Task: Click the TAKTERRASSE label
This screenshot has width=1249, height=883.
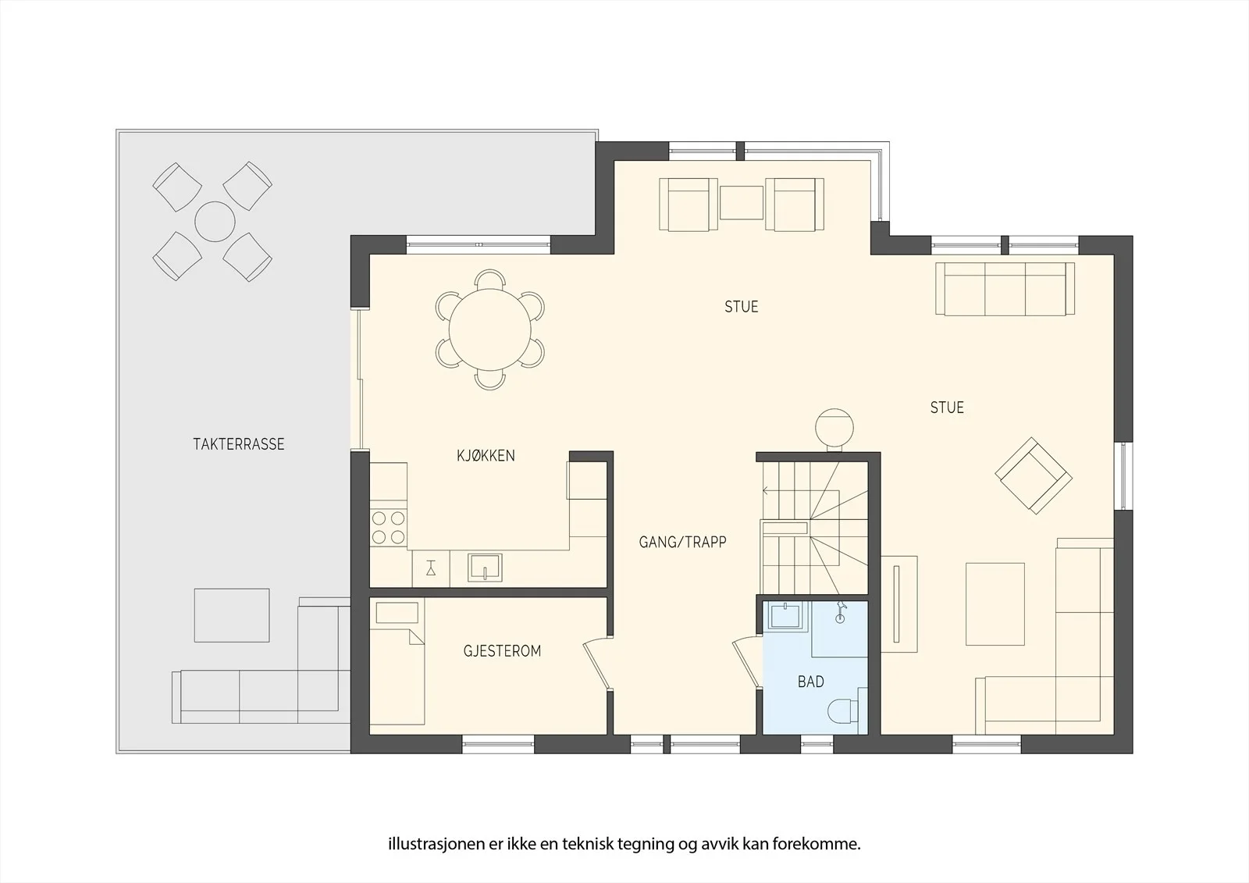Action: point(239,444)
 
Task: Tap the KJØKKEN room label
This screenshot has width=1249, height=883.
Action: point(486,456)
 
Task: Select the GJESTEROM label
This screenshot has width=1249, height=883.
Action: point(503,651)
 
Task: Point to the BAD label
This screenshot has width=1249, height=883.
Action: point(811,682)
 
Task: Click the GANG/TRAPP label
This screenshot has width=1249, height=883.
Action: point(682,542)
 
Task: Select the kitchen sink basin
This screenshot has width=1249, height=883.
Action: point(485,568)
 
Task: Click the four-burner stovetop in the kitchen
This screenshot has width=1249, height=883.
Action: point(388,528)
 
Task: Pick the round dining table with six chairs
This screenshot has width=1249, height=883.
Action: point(489,329)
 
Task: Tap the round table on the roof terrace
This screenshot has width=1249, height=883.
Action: point(215,222)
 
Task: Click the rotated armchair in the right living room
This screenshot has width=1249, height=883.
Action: point(1034,475)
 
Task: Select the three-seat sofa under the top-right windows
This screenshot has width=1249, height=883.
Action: point(1005,289)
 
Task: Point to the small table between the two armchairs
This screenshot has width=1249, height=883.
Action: point(741,202)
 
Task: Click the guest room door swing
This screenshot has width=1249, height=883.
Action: point(597,664)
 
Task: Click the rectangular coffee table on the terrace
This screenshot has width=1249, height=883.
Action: point(232,614)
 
